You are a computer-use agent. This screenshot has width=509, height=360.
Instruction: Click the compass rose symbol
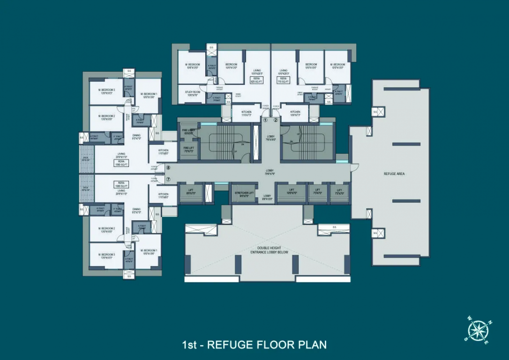[x=478, y=331]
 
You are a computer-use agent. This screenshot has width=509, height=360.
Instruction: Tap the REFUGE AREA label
[x=394, y=174]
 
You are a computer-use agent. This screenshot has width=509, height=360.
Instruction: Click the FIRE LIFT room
[x=188, y=150]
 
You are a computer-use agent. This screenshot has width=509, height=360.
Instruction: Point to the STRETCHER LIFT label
[x=244, y=194]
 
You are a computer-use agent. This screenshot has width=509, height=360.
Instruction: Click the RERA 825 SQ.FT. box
[x=256, y=81]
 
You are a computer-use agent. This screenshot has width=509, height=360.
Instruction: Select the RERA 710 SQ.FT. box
[x=283, y=81]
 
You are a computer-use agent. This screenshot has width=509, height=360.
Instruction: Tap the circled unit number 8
[x=168, y=167]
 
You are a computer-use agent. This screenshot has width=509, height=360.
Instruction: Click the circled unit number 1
[x=265, y=120]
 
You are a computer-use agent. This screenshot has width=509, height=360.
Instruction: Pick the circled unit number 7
[x=168, y=179]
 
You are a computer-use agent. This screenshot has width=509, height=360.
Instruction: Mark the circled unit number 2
[x=276, y=120]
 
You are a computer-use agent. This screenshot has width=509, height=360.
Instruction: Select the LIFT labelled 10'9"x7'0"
[x=292, y=191]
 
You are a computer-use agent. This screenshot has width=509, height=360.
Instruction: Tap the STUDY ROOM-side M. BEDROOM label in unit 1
[x=193, y=66]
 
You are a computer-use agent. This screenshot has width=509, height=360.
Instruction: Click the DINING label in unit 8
[x=136, y=136]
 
